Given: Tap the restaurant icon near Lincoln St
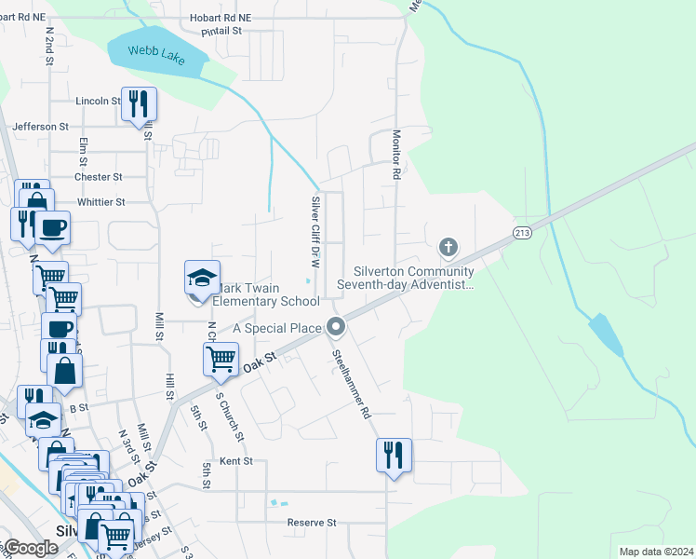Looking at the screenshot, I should (x=139, y=104).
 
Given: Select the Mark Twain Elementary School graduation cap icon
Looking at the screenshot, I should (x=202, y=279).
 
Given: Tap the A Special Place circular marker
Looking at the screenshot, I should (x=336, y=326).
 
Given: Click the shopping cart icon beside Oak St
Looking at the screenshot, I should (x=221, y=359).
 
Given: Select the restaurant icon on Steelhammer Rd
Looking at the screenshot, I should (x=394, y=456).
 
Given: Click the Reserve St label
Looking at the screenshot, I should (x=311, y=523).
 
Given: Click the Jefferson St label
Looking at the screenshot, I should (x=40, y=126).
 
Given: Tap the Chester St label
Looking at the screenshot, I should (x=99, y=177).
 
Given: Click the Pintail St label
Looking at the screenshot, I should (x=221, y=31).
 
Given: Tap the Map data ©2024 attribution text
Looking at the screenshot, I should (x=656, y=552).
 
